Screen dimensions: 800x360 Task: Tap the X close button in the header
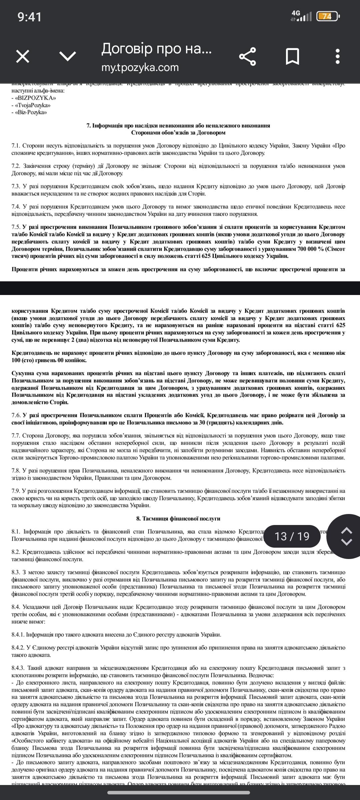[x=23, y=56]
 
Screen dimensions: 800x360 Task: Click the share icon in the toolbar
[x=248, y=56]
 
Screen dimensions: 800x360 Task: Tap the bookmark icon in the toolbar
[x=292, y=56]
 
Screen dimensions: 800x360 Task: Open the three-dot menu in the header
[x=338, y=56]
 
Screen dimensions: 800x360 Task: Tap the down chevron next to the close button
[x=68, y=56]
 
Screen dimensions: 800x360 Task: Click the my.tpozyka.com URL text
[x=140, y=67]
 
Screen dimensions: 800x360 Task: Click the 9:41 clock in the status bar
[x=30, y=17]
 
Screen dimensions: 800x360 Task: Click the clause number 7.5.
[x=16, y=227]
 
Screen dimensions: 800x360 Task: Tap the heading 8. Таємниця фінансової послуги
[x=178, y=519]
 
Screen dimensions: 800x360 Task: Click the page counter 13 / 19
[x=292, y=536]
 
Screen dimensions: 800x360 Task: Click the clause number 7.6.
[x=16, y=415]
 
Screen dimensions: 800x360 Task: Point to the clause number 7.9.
[x=16, y=491]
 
